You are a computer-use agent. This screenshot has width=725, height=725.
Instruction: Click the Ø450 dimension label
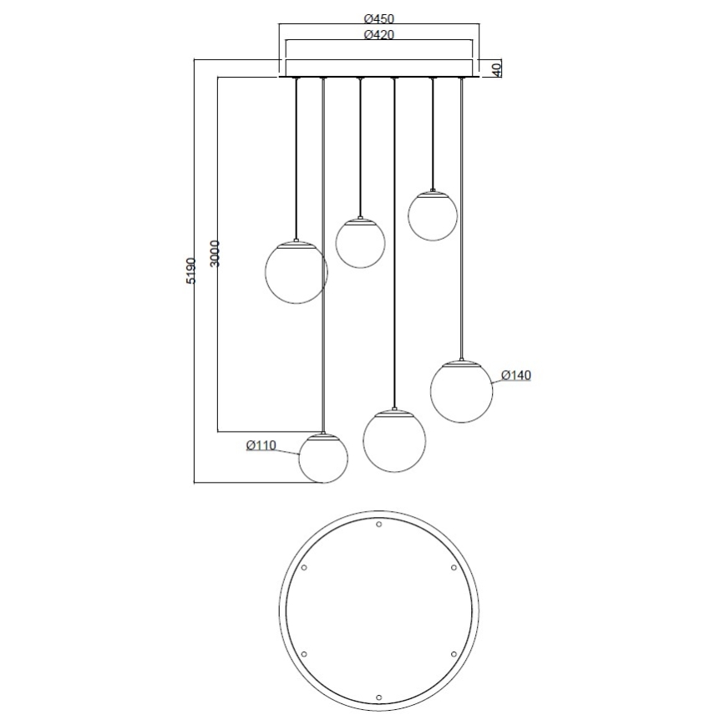[x=379, y=18]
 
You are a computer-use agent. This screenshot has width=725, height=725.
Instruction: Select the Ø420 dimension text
[x=379, y=35]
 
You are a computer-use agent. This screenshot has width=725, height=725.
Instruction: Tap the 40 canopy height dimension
[x=496, y=68]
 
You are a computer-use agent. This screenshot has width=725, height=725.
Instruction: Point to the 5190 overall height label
[x=191, y=271]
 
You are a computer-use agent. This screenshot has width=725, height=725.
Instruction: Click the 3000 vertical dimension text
[x=215, y=254]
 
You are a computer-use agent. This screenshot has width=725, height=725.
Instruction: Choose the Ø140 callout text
[x=516, y=376]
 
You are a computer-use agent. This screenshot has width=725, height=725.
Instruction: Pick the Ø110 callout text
[x=261, y=446]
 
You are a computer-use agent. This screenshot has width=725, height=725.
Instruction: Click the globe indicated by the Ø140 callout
[x=461, y=392]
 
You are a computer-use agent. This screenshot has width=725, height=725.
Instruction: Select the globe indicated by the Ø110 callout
[x=323, y=459]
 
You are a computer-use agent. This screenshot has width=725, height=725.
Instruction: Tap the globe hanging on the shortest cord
[x=432, y=215]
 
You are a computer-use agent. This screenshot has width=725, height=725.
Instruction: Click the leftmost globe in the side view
[x=296, y=271]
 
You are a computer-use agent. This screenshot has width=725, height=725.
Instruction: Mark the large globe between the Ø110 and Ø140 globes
[x=394, y=440]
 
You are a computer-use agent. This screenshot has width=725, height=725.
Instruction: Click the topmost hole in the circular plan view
[x=379, y=525]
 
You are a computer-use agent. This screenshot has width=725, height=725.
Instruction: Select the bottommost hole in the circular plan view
[x=379, y=696]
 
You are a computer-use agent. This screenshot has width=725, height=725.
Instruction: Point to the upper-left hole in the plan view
[x=304, y=567]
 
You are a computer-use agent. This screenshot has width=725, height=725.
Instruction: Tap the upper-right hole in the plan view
[x=454, y=567]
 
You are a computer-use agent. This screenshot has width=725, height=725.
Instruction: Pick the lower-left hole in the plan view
[x=304, y=653]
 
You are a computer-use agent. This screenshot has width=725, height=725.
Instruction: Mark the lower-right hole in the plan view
[x=454, y=653]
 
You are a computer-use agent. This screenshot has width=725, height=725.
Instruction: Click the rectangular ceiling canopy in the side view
[x=379, y=68]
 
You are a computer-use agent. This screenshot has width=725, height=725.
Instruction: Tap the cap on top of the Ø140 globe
[x=461, y=364]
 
